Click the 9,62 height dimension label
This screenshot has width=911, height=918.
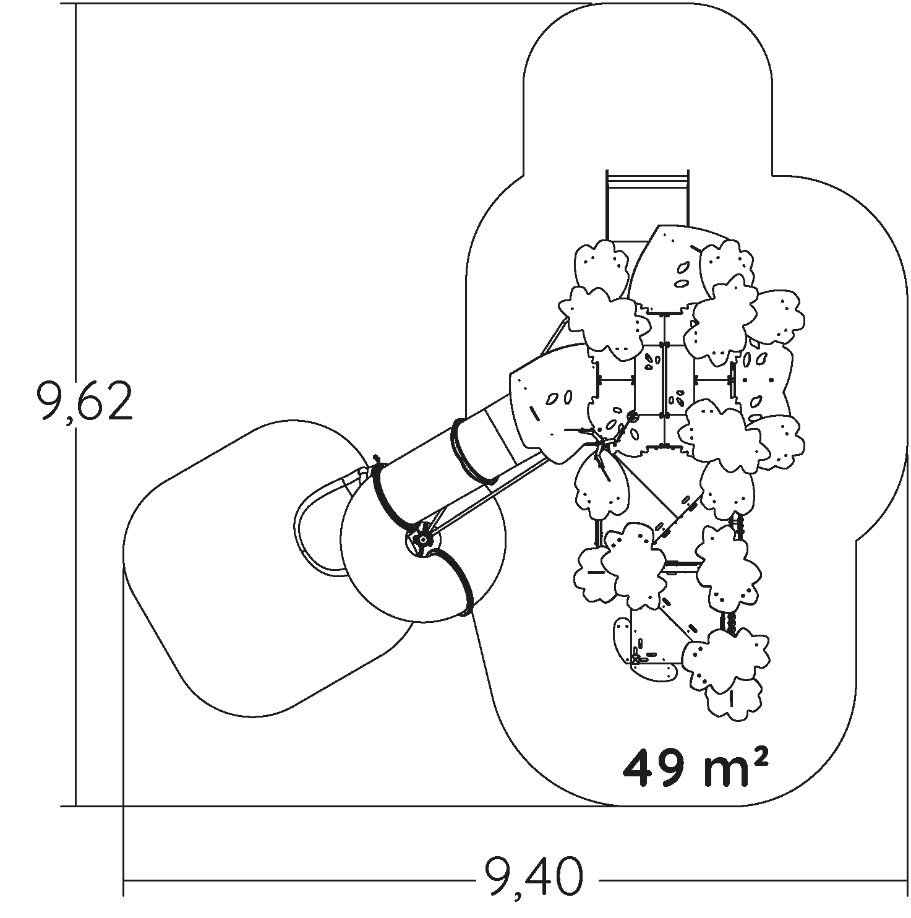[x=84, y=400]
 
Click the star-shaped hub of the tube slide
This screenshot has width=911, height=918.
[x=422, y=539]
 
